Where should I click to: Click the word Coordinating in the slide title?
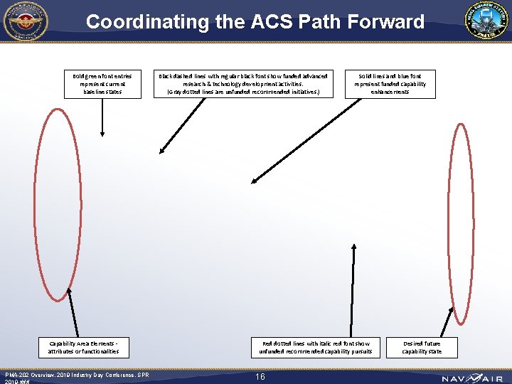coord(146,21)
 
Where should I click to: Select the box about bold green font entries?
coord(102,84)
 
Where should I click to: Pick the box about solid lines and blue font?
coord(390,84)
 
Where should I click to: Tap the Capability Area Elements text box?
coord(84,347)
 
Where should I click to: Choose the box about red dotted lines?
coord(316,347)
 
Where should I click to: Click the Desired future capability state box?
coord(422,347)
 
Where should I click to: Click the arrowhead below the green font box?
coord(103,132)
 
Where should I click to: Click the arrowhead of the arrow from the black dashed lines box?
coord(162,149)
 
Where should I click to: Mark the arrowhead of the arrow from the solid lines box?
coord(255,181)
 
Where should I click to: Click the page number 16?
coord(260,376)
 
